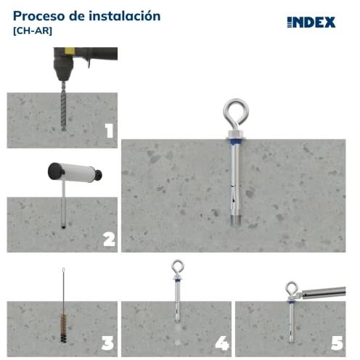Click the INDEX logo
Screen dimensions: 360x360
(x=311, y=22)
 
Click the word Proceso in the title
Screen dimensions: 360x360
(x=39, y=16)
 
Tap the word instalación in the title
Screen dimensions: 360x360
(x=124, y=16)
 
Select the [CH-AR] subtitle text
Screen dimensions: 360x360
(x=33, y=31)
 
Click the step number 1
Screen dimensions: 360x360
(x=109, y=131)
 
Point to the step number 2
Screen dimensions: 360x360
(x=109, y=240)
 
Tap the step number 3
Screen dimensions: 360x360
(x=107, y=343)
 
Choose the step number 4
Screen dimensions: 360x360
(x=222, y=343)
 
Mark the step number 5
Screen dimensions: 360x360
(x=337, y=343)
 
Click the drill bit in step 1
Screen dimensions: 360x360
(x=64, y=106)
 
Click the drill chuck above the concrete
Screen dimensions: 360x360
(x=63, y=70)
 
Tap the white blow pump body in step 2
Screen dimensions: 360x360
(x=78, y=173)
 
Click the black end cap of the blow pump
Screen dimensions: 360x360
(x=55, y=171)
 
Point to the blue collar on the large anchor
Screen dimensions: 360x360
(x=236, y=142)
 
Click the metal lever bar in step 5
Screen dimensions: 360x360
(x=323, y=292)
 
